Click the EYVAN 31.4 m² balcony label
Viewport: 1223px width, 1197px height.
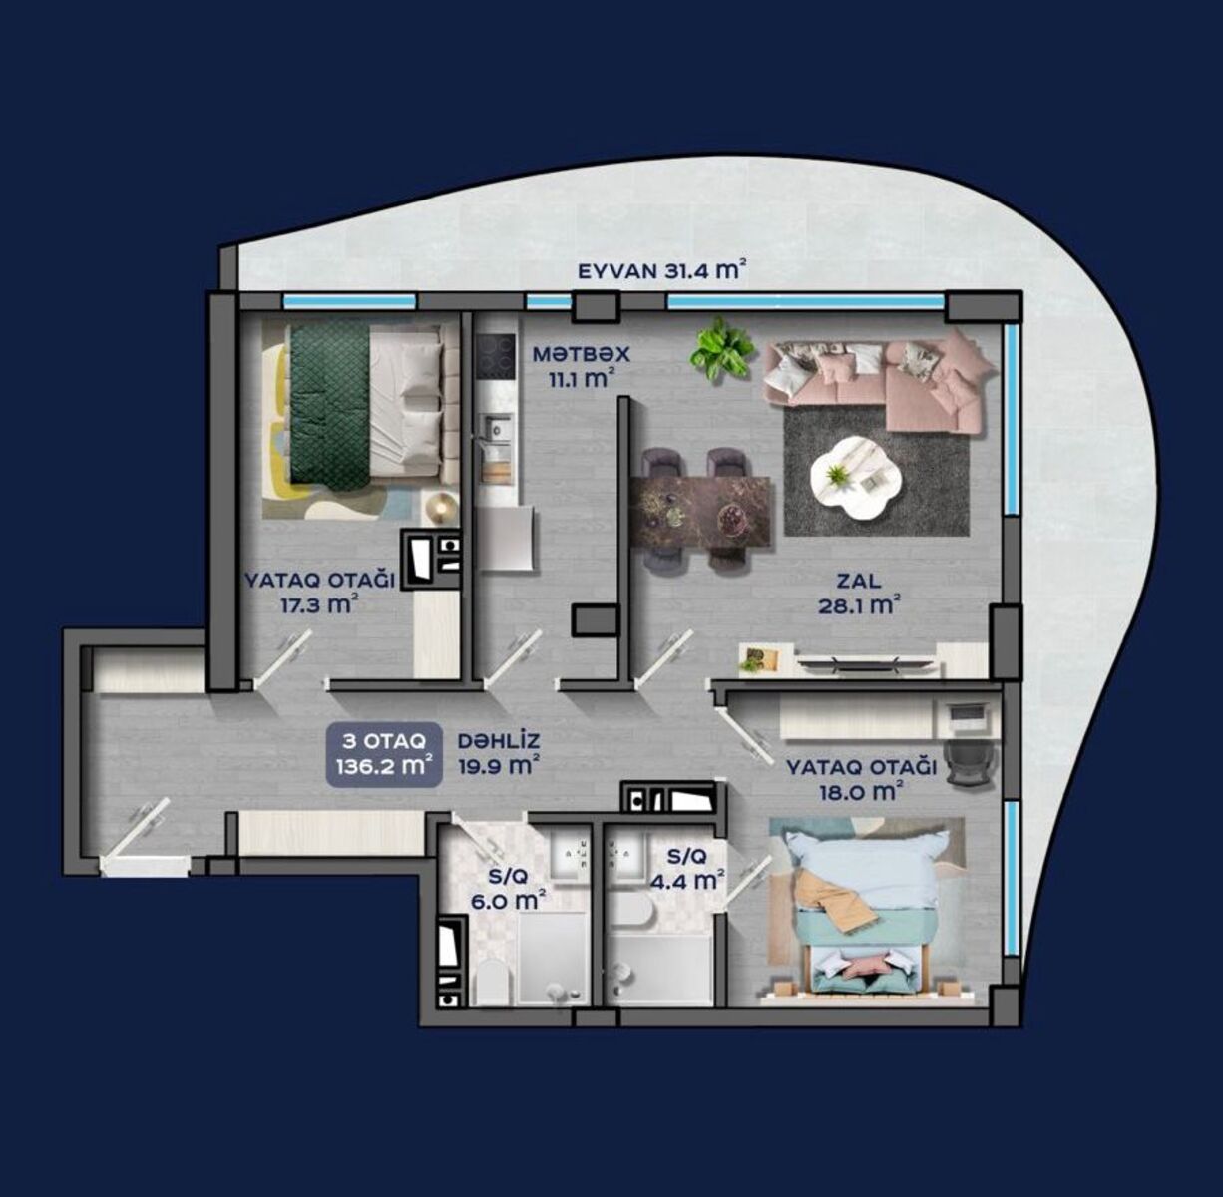tap(660, 271)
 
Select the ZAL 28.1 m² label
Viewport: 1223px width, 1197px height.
tap(859, 595)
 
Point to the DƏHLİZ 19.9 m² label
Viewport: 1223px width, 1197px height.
tap(499, 753)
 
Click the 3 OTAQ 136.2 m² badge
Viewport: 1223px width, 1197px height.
tap(384, 754)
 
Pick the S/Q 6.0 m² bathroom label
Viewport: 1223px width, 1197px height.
tap(508, 889)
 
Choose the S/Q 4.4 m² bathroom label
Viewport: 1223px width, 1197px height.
tap(688, 868)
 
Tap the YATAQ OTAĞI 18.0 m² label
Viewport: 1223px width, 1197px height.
tap(861, 780)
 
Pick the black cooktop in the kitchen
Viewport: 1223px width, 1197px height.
tap(497, 358)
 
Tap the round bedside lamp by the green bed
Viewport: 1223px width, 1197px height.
tap(439, 507)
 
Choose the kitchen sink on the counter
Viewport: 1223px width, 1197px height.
tap(496, 427)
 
